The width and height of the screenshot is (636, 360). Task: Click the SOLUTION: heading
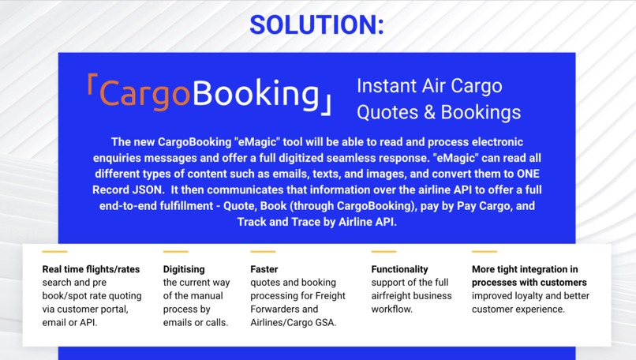(317, 24)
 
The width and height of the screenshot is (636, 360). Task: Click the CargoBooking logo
(209, 95)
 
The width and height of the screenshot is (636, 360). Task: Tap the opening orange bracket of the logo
(92, 88)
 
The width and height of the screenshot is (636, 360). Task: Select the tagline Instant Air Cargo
(429, 85)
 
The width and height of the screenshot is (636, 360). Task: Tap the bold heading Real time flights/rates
(91, 269)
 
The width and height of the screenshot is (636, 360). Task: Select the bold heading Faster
(264, 269)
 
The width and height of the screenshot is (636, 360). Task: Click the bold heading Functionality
(399, 269)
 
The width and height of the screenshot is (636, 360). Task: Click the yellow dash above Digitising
(175, 252)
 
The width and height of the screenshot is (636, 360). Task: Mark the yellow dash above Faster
(263, 252)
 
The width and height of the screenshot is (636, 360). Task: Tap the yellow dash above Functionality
(383, 252)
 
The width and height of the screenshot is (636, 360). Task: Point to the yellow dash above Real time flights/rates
(54, 252)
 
